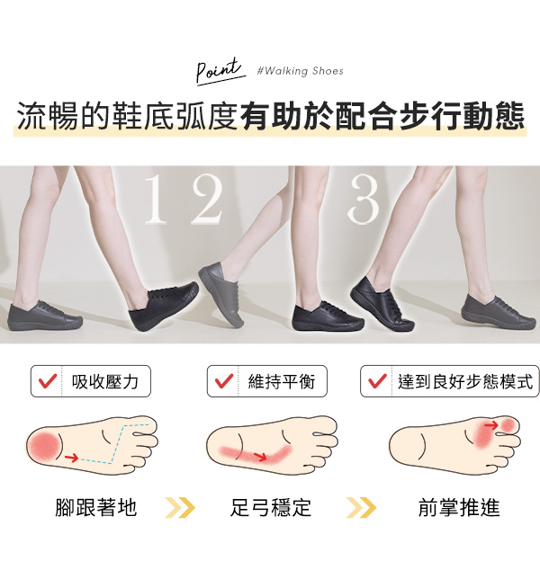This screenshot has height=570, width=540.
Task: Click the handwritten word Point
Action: pos(219,70)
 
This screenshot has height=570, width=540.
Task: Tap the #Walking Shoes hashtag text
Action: pos(301,71)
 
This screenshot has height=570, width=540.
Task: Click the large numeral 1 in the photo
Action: pos(157,199)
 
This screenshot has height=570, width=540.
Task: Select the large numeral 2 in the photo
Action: pos(206,199)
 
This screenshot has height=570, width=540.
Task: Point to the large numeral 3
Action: pos(364,199)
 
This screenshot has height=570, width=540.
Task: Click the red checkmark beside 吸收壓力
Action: pos(48,381)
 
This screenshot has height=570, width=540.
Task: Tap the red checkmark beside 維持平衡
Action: pos(224,381)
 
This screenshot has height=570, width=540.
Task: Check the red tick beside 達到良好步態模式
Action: pos(377,381)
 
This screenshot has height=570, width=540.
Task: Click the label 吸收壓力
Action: pos(105,382)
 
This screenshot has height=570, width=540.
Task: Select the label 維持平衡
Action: pos(282,382)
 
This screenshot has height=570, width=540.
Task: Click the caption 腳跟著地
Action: pos(96,507)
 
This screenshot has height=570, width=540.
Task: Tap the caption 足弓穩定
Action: pos(271,507)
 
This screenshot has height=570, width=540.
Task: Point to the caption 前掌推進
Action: pos(459,507)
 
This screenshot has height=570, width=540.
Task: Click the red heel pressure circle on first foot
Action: pos(44,447)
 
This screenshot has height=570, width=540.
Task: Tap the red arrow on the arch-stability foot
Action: pos(260,457)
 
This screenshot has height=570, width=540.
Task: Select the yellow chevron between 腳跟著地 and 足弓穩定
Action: pos(180,508)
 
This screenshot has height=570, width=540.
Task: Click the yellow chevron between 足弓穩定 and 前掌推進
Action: pos(361,508)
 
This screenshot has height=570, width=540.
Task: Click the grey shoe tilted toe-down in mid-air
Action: pos(220,292)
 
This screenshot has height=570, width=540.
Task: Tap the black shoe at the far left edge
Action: pos(45,316)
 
